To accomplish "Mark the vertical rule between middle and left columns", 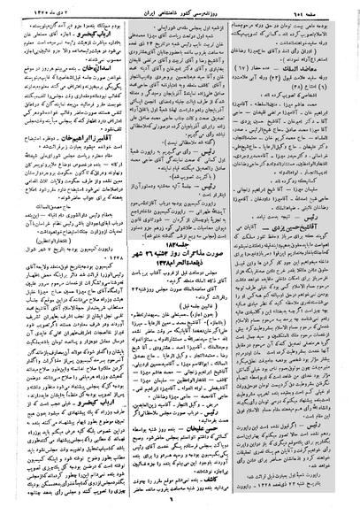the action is point(122,265).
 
